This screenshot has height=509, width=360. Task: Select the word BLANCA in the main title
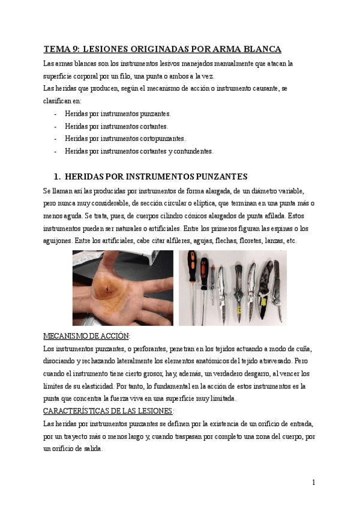click(259, 49)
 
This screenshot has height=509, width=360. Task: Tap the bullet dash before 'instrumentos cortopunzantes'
click(56, 139)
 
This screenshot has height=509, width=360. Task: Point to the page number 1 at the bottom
click(313, 482)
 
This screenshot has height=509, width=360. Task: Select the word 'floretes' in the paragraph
click(241, 241)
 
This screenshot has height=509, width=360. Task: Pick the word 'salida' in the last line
click(91, 448)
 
